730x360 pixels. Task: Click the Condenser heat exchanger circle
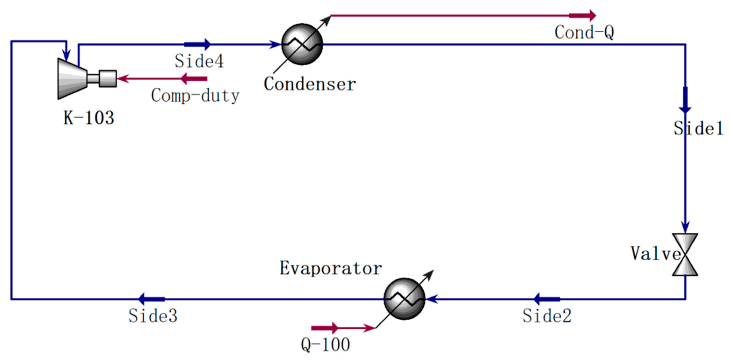coord(302,44)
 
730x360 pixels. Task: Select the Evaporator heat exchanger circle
coord(404,299)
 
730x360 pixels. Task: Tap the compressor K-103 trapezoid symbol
coord(72,78)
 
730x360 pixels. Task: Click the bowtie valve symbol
coord(685,254)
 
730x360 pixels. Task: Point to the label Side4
coord(199,61)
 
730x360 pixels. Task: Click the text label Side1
coord(698,128)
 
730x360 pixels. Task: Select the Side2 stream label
coord(547,316)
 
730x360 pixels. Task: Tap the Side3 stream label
coord(153,316)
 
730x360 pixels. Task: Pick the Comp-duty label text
coord(195,96)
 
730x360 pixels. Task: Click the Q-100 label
coord(325,345)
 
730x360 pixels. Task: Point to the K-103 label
coord(89,118)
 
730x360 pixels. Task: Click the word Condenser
coord(310,84)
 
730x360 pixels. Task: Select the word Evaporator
coord(331,268)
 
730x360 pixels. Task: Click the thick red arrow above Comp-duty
coord(194,78)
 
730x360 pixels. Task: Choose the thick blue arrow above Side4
coord(198,44)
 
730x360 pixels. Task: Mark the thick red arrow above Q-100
coord(325,328)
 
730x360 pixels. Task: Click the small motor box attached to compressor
coord(108,78)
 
